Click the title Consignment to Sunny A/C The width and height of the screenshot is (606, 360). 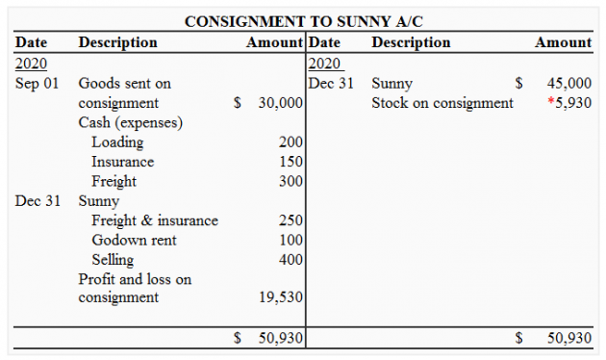pyautogui.click(x=303, y=21)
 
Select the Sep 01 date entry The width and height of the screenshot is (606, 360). pyautogui.click(x=38, y=84)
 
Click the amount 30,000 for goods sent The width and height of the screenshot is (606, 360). pyautogui.click(x=281, y=103)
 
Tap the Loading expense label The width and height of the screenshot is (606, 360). pyautogui.click(x=117, y=142)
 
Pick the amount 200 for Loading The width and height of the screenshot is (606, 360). pyautogui.click(x=290, y=142)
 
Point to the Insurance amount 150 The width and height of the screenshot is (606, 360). pyautogui.click(x=290, y=162)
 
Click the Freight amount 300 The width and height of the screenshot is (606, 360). pyautogui.click(x=290, y=181)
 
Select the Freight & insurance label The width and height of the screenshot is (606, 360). pyautogui.click(x=155, y=220)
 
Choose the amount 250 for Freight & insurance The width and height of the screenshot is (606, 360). pyautogui.click(x=290, y=220)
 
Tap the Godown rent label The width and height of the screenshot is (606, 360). pyautogui.click(x=134, y=240)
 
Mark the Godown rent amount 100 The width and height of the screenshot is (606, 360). pyautogui.click(x=290, y=240)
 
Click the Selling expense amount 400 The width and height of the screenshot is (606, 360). pyautogui.click(x=290, y=259)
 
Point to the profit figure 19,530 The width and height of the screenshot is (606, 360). pyautogui.click(x=281, y=297)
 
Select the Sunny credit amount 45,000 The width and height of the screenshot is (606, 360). pyautogui.click(x=568, y=84)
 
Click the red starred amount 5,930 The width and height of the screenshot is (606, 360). pyautogui.click(x=570, y=103)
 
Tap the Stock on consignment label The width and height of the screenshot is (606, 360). pyautogui.click(x=442, y=103)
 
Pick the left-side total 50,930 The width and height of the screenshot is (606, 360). pyautogui.click(x=281, y=338)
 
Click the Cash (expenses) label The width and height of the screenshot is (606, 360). pyautogui.click(x=131, y=123)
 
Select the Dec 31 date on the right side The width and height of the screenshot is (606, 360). pyautogui.click(x=330, y=84)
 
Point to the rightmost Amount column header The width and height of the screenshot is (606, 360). pyautogui.click(x=563, y=42)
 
